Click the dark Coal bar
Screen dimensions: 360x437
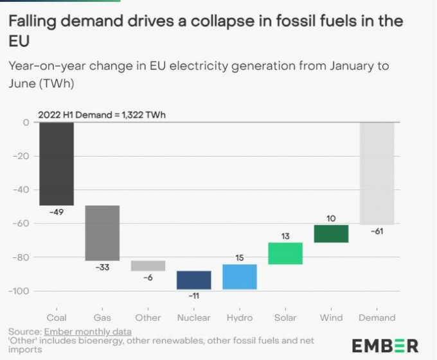[57, 164]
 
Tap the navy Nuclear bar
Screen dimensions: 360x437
[193, 280]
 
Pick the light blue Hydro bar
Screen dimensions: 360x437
[240, 277]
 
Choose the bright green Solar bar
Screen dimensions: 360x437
[285, 253]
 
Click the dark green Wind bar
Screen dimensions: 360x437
[331, 234]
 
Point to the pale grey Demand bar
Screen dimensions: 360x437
[377, 173]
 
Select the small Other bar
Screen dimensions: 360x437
[148, 266]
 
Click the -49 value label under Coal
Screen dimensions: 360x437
[57, 212]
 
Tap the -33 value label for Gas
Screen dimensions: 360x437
[102, 267]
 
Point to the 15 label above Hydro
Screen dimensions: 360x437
[240, 258]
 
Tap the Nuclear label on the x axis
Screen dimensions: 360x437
[193, 318]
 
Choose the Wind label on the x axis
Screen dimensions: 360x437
[331, 318]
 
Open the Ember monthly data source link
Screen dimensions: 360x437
[87, 332]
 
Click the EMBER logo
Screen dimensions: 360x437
[385, 346]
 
